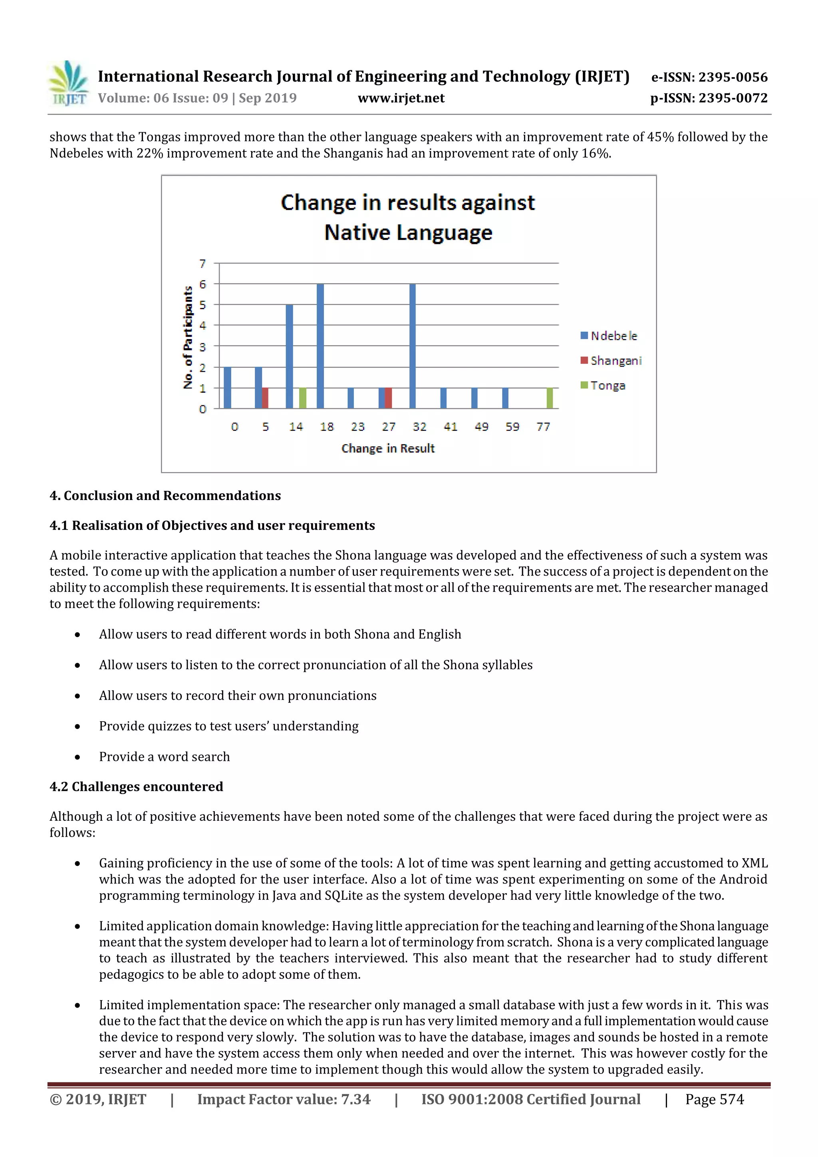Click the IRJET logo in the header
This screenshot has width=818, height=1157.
pos(68,83)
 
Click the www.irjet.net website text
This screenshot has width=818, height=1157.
pos(401,98)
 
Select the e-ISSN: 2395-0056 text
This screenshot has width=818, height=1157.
pos(709,77)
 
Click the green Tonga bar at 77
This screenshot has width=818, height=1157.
pos(549,398)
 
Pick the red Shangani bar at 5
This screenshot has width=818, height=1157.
pos(265,398)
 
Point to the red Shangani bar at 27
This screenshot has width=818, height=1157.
pos(388,398)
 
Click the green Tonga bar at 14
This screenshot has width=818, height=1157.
pos(302,398)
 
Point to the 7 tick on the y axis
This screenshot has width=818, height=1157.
pos(203,264)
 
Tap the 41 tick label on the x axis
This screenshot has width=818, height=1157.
pos(450,427)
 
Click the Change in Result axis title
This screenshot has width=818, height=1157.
pos(387,449)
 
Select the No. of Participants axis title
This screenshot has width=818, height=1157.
pos(188,337)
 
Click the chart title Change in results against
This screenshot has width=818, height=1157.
pos(407,202)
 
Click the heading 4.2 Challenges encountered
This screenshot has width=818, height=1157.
pos(136,787)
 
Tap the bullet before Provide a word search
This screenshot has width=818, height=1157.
pos(77,757)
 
